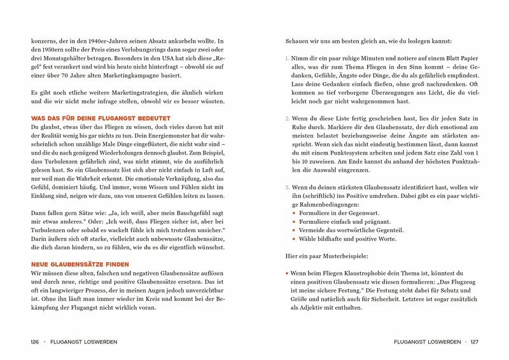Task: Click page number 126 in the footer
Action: [x=36, y=342]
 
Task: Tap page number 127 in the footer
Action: [x=474, y=342]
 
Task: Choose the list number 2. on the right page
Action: [x=287, y=118]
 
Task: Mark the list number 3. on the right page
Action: [x=287, y=188]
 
